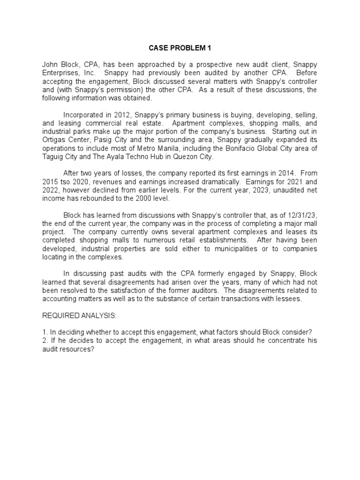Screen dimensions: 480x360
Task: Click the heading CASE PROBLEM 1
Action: (x=180, y=47)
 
